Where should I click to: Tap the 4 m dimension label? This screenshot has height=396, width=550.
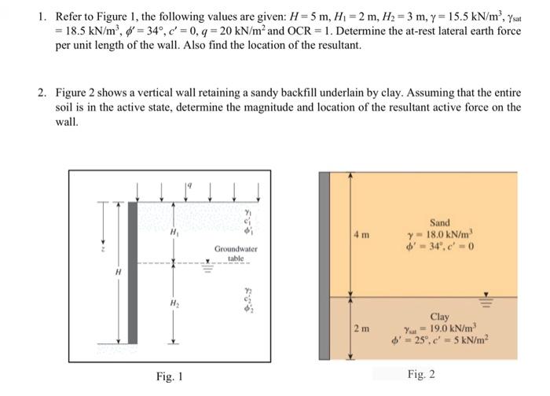coord(361,234)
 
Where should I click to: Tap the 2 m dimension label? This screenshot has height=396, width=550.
coord(361,327)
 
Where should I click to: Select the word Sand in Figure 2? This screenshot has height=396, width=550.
coord(440,223)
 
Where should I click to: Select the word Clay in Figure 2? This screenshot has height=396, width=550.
coord(439,317)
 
